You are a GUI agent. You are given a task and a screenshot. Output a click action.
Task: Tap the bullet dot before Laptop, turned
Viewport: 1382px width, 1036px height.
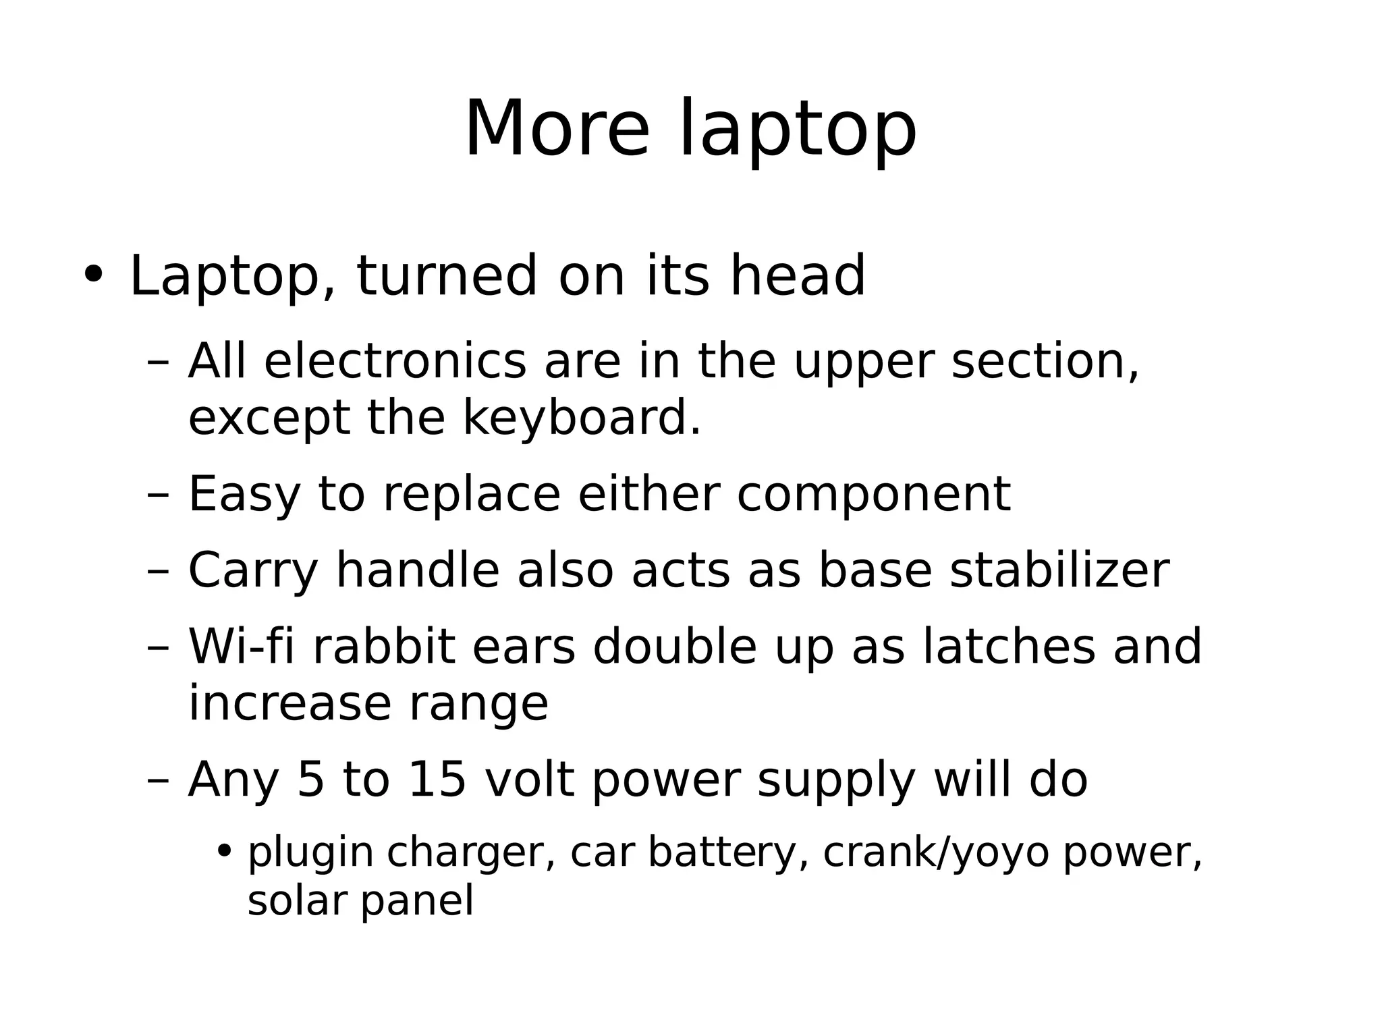(x=93, y=275)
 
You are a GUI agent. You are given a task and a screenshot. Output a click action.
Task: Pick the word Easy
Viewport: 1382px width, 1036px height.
(x=244, y=495)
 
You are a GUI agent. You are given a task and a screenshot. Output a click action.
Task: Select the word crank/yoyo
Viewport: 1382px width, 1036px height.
(x=936, y=853)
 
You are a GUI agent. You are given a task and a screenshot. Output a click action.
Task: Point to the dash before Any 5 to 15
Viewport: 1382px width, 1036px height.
(x=158, y=781)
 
